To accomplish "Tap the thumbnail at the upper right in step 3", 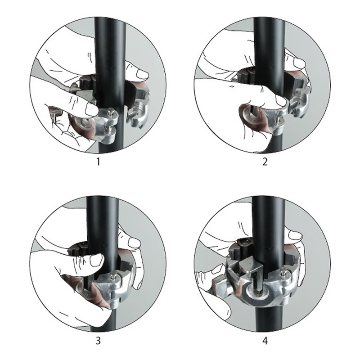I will click(134, 242).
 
